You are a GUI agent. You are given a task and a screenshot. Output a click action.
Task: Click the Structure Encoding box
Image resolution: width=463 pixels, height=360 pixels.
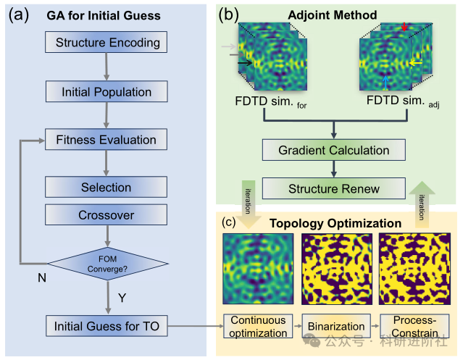pos(107,43)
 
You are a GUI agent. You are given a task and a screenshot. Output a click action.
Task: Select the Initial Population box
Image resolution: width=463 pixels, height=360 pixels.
pos(107,92)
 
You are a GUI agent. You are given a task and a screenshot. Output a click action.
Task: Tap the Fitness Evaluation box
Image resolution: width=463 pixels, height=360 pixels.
pos(107,140)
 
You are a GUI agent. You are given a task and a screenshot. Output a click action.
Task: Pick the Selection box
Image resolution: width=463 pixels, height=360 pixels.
pos(107,188)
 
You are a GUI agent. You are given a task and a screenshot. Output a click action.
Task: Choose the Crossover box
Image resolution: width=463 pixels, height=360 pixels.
pos(107,215)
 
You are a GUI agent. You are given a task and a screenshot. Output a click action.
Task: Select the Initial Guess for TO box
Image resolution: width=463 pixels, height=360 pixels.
pos(107,326)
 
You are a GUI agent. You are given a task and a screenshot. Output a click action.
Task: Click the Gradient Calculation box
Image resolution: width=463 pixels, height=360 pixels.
pos(333,151)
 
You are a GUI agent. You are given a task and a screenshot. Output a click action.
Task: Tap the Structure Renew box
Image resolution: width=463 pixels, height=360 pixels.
pos(333,189)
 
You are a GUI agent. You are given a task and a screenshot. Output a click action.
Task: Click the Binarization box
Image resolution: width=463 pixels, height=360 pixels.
pos(330,326)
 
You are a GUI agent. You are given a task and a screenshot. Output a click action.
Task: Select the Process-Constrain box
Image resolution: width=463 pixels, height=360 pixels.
pos(410,326)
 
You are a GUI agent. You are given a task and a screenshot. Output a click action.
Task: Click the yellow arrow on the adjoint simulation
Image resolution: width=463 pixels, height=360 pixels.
pos(417,63)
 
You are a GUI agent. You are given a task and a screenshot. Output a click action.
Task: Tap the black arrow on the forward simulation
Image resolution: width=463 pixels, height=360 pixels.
pos(246,63)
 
